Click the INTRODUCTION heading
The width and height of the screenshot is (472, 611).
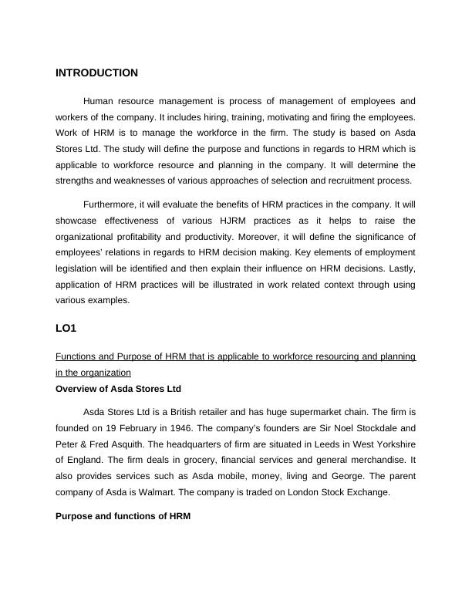(96, 73)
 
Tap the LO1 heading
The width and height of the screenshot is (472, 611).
(66, 329)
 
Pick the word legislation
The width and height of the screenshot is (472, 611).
(80, 268)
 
